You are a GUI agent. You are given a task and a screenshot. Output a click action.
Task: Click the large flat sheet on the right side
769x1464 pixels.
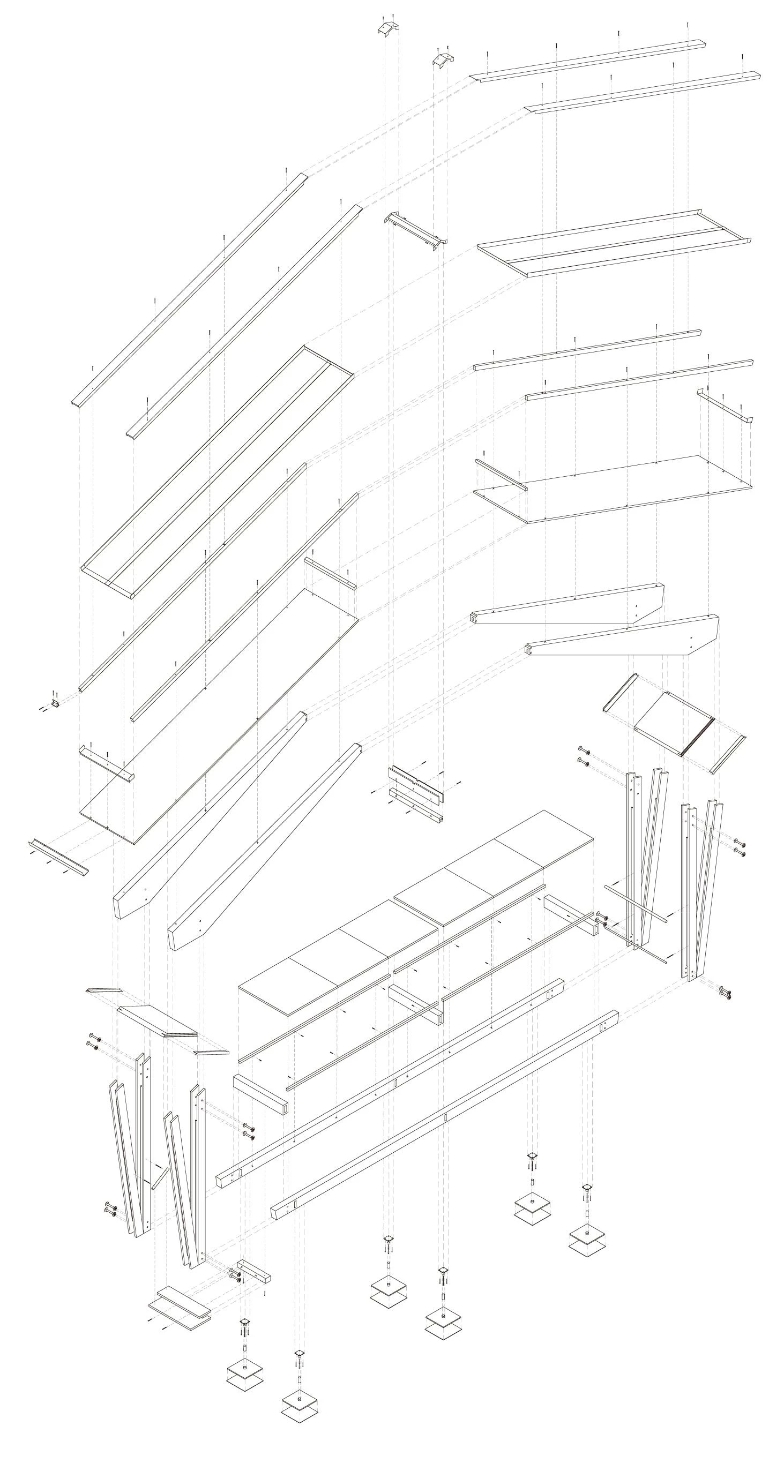click(613, 488)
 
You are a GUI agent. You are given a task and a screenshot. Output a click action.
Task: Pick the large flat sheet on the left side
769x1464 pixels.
click(219, 716)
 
